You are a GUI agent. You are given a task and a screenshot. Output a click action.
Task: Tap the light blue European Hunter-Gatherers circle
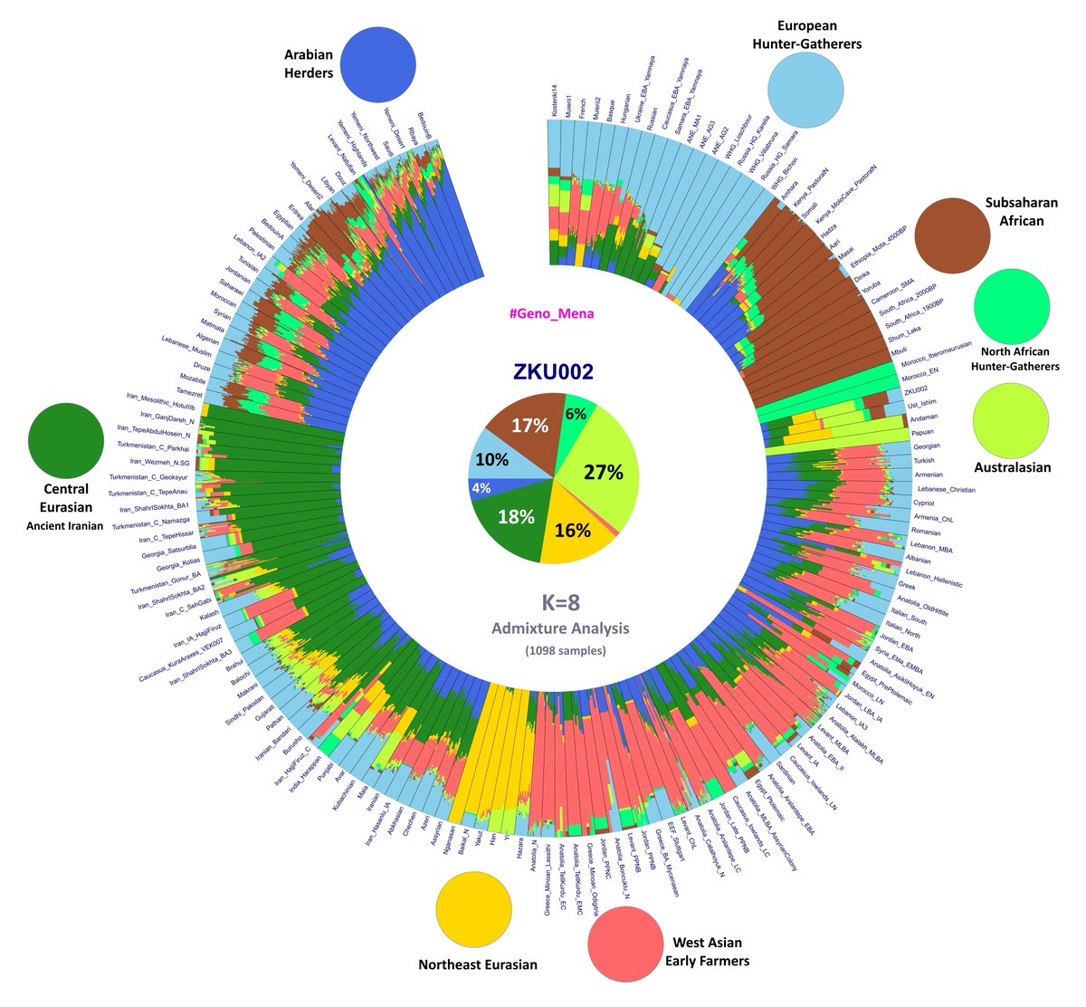(x=806, y=87)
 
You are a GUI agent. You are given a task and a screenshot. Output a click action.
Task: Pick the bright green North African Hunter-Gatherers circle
(x=1012, y=308)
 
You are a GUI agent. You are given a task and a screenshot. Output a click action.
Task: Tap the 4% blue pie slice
(x=480, y=488)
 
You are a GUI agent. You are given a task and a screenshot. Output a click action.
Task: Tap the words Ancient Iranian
(x=65, y=525)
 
